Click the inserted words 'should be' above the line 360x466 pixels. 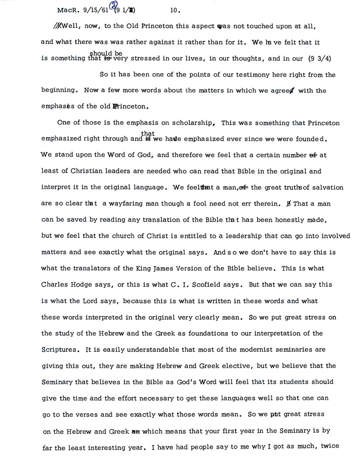click(105, 53)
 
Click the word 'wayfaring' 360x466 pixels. click(126, 203)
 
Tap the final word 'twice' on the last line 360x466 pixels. click(330, 447)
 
